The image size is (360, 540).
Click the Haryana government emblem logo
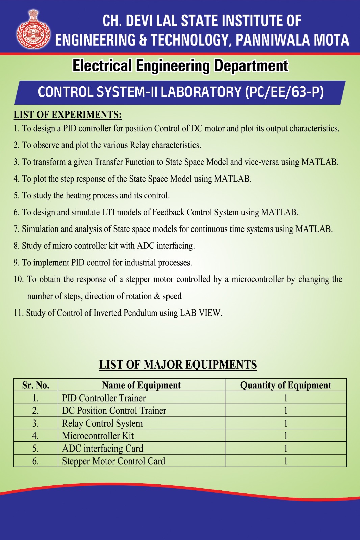[33, 29]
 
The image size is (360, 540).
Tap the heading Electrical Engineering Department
[180, 66]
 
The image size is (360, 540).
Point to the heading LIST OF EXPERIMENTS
[68, 115]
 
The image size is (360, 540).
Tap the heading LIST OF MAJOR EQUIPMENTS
[178, 365]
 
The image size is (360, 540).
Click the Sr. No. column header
[36, 385]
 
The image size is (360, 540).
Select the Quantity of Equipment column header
[286, 385]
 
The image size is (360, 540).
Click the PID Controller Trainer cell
[104, 398]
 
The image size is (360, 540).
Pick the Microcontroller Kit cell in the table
[98, 436]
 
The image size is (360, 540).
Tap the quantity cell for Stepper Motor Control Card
[286, 461]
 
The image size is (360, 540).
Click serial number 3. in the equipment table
[36, 423]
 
